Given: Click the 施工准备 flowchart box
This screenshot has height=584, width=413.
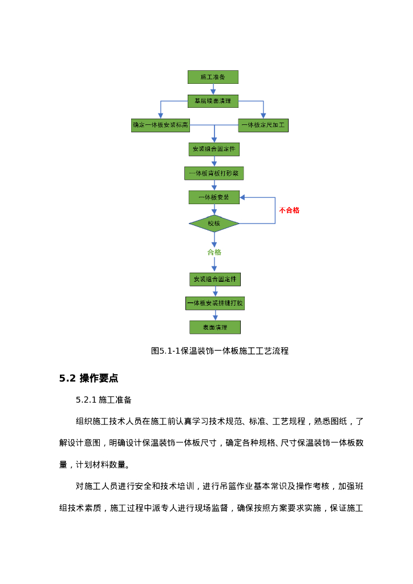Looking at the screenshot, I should click(x=213, y=77).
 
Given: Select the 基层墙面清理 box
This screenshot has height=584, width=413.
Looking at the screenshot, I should click(x=213, y=101).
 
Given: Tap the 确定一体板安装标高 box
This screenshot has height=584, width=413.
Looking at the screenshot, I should click(x=160, y=125).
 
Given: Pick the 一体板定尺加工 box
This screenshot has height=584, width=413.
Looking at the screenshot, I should click(x=263, y=125).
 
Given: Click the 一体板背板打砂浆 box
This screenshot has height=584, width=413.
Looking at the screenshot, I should click(x=214, y=173).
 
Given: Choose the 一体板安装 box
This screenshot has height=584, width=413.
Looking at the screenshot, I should click(x=214, y=197).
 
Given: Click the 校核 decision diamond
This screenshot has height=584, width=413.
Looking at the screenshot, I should click(x=214, y=224).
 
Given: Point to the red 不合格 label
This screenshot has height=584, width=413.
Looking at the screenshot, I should click(x=289, y=210).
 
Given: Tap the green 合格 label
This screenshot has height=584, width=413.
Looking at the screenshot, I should click(x=214, y=252).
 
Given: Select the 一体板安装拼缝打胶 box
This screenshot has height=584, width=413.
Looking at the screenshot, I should click(x=214, y=303).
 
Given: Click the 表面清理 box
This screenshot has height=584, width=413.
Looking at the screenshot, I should click(x=214, y=327).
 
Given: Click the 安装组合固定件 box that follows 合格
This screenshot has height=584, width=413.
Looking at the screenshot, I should click(x=214, y=279).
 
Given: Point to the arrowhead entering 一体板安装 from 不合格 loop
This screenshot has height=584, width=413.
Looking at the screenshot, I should click(x=242, y=197).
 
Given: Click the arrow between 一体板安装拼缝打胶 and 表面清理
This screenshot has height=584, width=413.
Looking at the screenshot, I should click(x=215, y=315).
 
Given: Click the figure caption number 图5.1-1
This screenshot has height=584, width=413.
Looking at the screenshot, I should click(x=166, y=351).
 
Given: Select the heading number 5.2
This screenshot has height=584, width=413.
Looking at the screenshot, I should click(x=67, y=378).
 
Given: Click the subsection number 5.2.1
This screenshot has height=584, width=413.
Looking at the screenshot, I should click(x=86, y=400).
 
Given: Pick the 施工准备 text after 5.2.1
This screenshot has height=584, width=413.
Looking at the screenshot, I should click(x=115, y=400).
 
